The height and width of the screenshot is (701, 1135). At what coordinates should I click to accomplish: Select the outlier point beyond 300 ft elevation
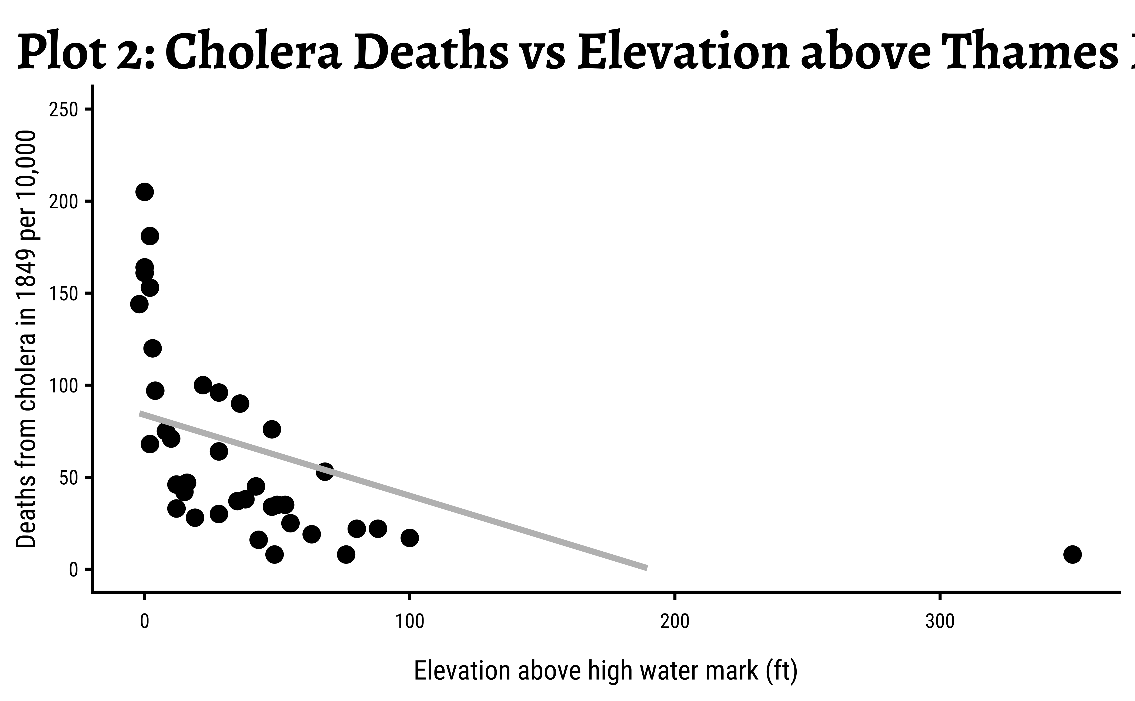1072,554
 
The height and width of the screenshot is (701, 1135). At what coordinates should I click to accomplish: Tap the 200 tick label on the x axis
675,622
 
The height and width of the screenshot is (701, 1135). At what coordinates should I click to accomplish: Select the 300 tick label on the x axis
940,622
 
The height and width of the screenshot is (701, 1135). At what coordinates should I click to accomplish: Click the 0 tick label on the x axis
145,622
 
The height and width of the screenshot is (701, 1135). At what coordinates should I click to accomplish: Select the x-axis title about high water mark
605,671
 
